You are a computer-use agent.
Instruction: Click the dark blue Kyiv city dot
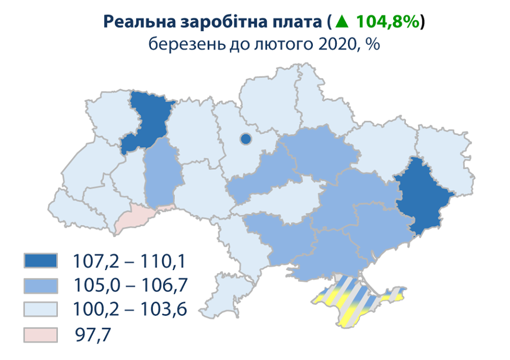(x=245, y=139)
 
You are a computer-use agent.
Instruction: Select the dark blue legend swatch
(x=40, y=261)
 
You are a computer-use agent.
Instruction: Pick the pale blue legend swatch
(x=40, y=309)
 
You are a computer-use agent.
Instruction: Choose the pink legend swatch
(x=40, y=334)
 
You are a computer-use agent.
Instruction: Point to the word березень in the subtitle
(x=180, y=44)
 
